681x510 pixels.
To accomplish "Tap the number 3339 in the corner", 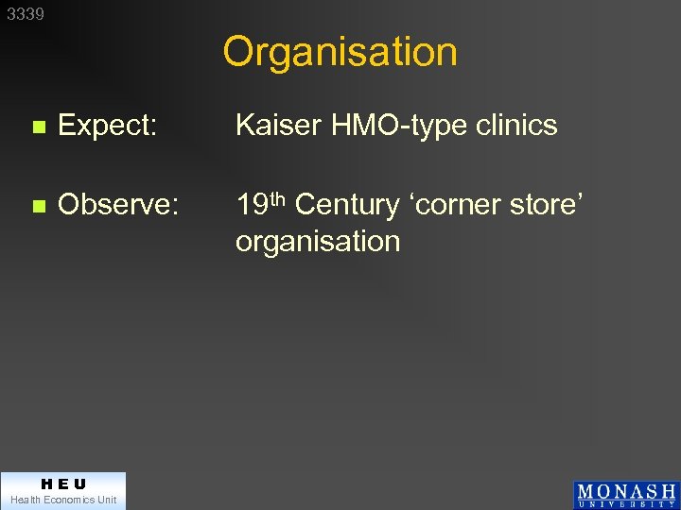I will (26, 14).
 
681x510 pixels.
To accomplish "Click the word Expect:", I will (107, 125).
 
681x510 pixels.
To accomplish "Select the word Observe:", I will (117, 205).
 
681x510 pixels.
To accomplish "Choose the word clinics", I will (519, 125).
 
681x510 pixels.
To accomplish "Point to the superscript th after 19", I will (277, 197).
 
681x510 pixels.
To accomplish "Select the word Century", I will (347, 205).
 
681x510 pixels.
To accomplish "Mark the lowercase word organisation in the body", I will (318, 242).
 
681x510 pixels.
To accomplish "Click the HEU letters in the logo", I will (63, 484).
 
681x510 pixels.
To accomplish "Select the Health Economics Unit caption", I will (63, 500).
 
